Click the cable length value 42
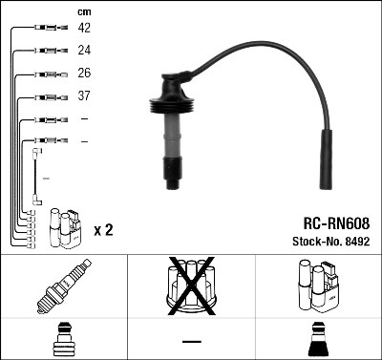tap(84, 28)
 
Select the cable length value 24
tap(84, 51)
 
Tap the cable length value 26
tap(84, 73)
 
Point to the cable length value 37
tap(84, 95)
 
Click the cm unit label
tap(84, 12)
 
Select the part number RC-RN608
tap(336, 223)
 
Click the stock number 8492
tap(357, 242)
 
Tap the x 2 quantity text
tap(103, 230)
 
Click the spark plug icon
tap(64, 286)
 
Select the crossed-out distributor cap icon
tap(191, 286)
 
